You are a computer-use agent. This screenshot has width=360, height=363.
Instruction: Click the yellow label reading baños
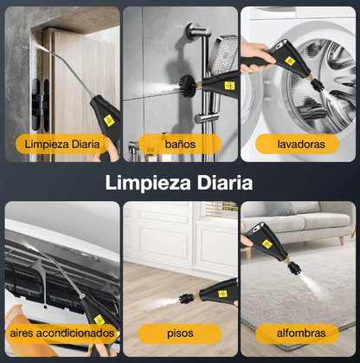(x=180, y=144)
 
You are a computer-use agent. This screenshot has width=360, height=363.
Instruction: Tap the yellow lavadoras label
(x=297, y=144)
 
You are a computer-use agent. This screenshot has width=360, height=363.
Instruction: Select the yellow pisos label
(x=180, y=334)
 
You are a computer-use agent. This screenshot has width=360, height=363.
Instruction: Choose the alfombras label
(x=297, y=334)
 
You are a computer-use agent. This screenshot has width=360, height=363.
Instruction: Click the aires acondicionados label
(x=61, y=334)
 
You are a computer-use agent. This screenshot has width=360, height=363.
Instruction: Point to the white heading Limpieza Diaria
(x=179, y=183)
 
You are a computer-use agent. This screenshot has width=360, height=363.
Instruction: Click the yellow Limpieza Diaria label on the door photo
(x=62, y=144)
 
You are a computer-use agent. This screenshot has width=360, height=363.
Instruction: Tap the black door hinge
(x=40, y=104)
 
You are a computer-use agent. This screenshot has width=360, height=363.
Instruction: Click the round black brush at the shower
(x=189, y=85)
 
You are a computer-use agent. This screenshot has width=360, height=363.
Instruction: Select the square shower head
(x=223, y=55)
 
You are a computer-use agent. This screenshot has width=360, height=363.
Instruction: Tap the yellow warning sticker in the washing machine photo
(x=289, y=61)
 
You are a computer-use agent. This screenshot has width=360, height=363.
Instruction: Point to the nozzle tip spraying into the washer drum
(x=318, y=86)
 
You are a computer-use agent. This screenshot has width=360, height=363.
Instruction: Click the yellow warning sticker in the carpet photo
(x=267, y=244)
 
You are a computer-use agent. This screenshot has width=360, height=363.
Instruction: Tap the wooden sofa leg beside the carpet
(x=341, y=241)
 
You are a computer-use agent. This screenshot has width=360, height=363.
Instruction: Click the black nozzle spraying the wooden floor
(x=186, y=297)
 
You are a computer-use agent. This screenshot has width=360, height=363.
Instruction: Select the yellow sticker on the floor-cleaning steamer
(x=222, y=294)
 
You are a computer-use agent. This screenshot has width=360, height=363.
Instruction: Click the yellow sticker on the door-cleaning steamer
(x=109, y=120)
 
